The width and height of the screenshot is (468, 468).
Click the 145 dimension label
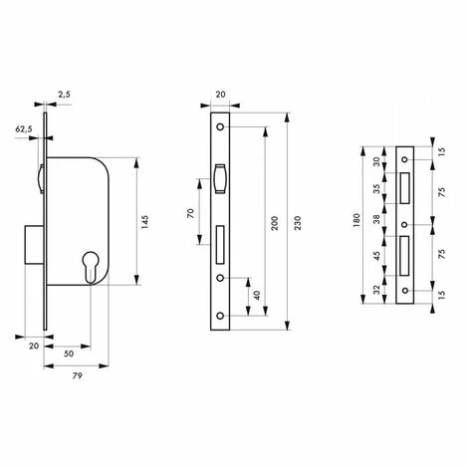click(x=144, y=222)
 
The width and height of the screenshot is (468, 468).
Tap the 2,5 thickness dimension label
click(x=64, y=95)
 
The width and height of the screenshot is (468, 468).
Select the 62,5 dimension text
click(x=24, y=129)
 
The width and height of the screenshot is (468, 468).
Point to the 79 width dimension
click(x=77, y=375)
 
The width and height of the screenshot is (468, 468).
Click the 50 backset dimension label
click(x=69, y=353)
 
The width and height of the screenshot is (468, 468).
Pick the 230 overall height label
click(x=298, y=223)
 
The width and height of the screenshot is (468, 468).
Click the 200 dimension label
click(x=275, y=223)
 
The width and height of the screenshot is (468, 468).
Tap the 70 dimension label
click(x=190, y=213)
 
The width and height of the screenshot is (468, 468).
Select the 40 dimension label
click(x=257, y=296)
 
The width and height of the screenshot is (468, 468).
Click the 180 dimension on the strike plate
click(x=356, y=220)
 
